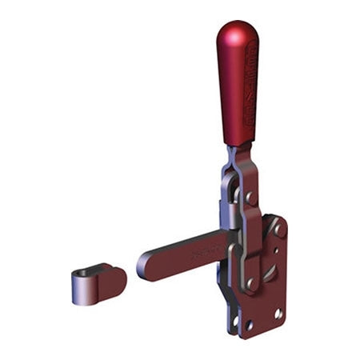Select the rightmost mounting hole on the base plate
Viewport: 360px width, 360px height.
[x=278, y=314]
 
